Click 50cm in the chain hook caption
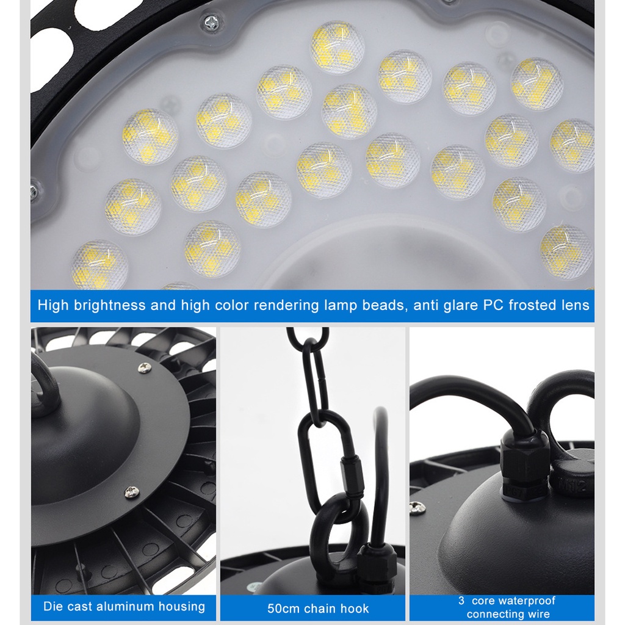[x=283, y=609]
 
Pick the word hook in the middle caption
[x=355, y=609]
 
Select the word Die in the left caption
[x=53, y=606]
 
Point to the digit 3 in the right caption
[x=461, y=601]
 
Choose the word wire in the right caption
[x=540, y=614]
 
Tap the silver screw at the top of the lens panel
[x=212, y=23]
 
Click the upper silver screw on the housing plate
[x=144, y=367]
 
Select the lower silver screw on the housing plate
[x=132, y=493]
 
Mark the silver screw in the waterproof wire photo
[x=417, y=508]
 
